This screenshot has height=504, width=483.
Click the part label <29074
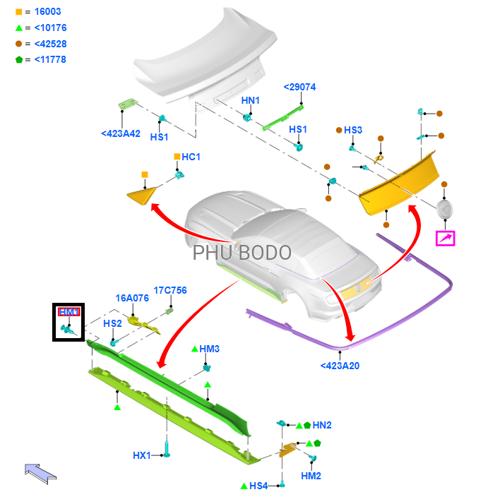(299, 87)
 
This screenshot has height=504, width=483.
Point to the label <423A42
(121, 133)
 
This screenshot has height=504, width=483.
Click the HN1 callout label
(251, 101)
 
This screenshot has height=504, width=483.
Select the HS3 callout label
(353, 130)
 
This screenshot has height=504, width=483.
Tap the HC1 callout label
(191, 157)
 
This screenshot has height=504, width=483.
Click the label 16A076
(132, 298)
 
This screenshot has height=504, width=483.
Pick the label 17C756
(170, 290)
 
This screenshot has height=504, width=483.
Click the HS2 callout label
(113, 323)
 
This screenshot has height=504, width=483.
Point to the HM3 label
(210, 349)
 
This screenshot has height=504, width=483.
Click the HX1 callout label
(142, 455)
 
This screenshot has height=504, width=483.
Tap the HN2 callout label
(322, 425)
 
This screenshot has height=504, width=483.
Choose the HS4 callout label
(258, 486)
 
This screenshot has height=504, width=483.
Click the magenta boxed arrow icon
(446, 238)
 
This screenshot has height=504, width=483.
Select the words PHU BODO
(241, 252)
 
